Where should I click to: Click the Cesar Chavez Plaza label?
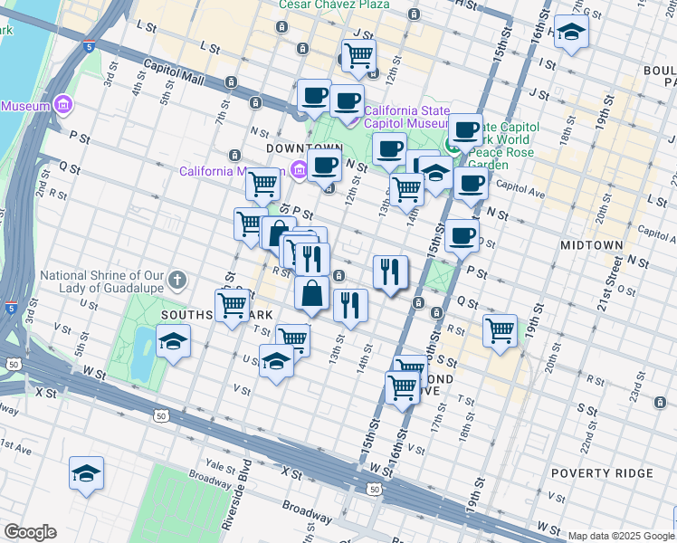pyautogui.click(x=334, y=5)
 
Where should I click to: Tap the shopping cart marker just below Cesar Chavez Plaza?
pyautogui.click(x=359, y=56)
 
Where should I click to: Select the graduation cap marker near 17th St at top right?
pyautogui.click(x=571, y=34)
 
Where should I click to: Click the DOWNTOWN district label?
pyautogui.click(x=303, y=148)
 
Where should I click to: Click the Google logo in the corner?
pyautogui.click(x=30, y=532)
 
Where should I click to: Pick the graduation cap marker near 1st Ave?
pyautogui.click(x=86, y=473)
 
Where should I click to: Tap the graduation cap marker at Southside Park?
pyautogui.click(x=173, y=342)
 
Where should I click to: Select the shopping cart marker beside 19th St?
pyautogui.click(x=500, y=330)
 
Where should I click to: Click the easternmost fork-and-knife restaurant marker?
pyautogui.click(x=390, y=271)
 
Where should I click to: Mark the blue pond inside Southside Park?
pyautogui.click(x=143, y=352)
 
